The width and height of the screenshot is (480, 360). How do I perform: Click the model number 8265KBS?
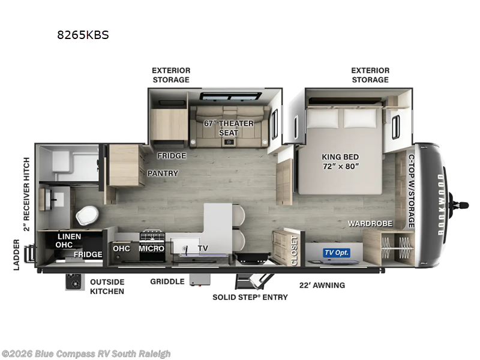tap(83, 35)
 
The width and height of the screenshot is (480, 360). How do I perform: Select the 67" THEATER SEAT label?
tap(228, 128)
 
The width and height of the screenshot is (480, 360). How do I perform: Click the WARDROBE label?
tap(370, 224)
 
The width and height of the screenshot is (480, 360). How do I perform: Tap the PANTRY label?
tap(163, 173)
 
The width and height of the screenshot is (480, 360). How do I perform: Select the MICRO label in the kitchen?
tap(152, 248)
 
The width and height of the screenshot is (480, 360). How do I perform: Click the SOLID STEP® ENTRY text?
tap(250, 297)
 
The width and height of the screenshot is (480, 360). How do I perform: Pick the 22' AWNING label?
tap(322, 285)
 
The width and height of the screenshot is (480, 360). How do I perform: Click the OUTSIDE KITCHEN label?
tap(107, 287)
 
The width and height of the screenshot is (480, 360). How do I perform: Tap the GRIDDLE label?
tap(167, 281)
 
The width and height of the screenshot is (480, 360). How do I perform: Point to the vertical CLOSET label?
tap(294, 250)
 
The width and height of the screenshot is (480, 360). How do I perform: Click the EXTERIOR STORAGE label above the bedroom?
tap(370, 75)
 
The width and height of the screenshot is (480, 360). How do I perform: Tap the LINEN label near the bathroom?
tap(69, 236)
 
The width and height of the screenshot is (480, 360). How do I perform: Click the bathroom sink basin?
tap(53, 197)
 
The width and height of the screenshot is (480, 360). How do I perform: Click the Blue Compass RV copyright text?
tap(86, 354)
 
